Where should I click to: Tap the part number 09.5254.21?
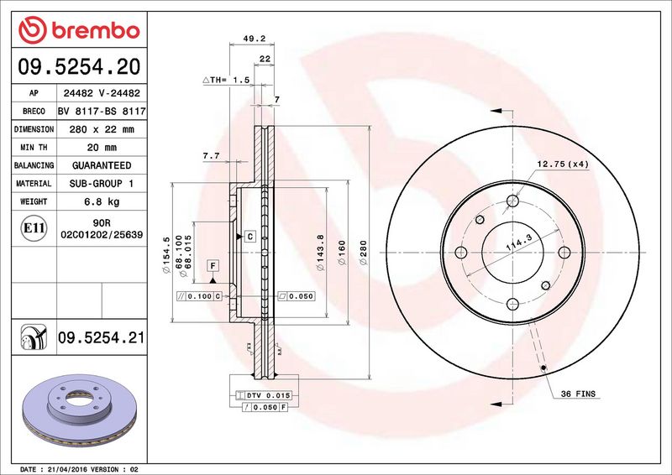pos(101,338)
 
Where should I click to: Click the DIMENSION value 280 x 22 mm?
pos(101,129)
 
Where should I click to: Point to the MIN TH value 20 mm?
pos(101,148)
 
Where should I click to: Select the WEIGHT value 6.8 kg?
pos(101,202)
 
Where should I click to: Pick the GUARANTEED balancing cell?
pos(101,165)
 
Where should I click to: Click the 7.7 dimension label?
pos(211,156)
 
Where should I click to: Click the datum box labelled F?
pos(213,266)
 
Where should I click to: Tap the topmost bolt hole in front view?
pos(512,200)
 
